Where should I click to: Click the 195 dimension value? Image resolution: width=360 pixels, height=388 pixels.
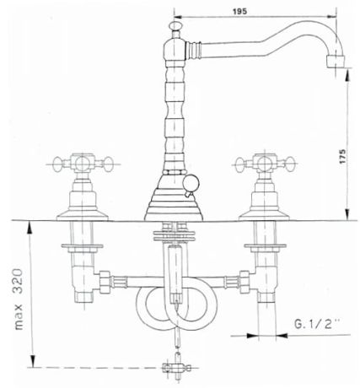(x=239, y=11)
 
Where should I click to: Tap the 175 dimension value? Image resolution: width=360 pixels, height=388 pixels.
(x=342, y=157)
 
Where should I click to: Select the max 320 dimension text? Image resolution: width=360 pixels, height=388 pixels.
(x=19, y=299)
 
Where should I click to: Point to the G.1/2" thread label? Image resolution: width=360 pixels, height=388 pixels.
(x=316, y=325)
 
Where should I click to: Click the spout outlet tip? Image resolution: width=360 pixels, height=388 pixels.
(x=336, y=62)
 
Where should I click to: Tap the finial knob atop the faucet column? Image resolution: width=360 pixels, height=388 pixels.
(x=175, y=25)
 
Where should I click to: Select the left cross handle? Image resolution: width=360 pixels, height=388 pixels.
(x=83, y=163)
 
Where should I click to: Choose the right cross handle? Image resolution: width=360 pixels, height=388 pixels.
(x=265, y=164)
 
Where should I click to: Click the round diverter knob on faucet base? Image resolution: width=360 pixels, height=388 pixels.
(x=191, y=183)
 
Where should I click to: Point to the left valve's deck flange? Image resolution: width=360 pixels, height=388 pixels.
(x=83, y=217)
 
